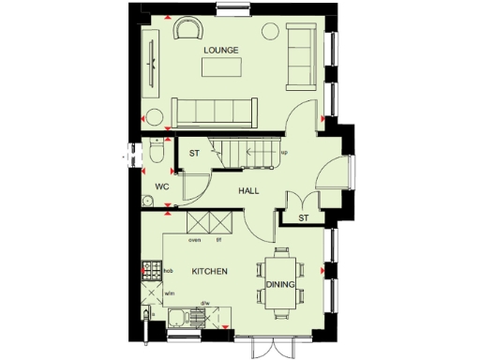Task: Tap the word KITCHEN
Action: pos(209,271)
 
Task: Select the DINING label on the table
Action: pos(280,285)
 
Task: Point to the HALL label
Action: pos(247,190)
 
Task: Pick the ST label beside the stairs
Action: pos(196,154)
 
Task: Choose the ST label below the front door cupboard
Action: pos(303,218)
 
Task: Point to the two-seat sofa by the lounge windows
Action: pos(302,58)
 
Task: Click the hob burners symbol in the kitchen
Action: pos(148,272)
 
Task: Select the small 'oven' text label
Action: pos(195,240)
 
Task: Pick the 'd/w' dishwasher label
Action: pos(204,303)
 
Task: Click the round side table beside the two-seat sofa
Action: pos(270,29)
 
